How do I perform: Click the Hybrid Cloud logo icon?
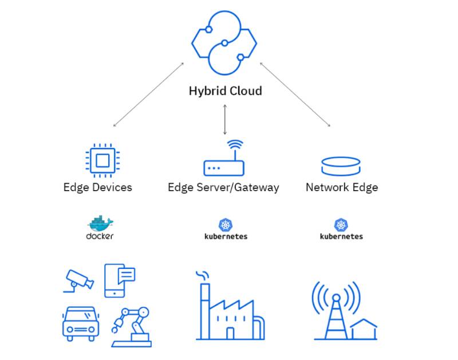(x=224, y=43)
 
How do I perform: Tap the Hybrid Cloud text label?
(x=225, y=90)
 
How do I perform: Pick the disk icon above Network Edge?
(x=341, y=166)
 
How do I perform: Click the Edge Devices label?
(x=97, y=187)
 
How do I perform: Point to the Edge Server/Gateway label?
(x=223, y=187)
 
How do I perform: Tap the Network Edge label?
(x=342, y=187)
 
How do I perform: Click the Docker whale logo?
(x=100, y=224)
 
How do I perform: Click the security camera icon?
(x=79, y=279)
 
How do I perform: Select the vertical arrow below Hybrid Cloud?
(x=225, y=119)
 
